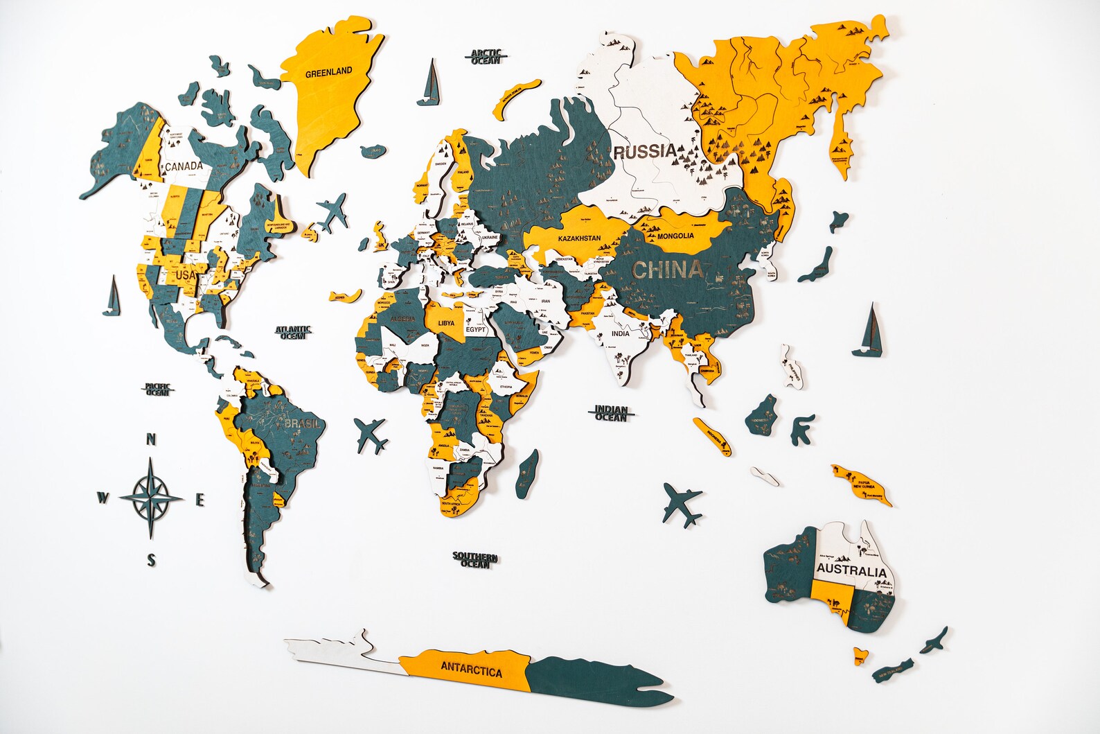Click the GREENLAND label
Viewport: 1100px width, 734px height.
(x=328, y=71)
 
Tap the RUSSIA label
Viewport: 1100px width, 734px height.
(x=644, y=151)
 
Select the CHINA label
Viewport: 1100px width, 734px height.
(x=667, y=270)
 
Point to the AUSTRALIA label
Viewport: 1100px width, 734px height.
(x=851, y=571)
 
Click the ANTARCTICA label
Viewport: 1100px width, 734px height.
(x=471, y=670)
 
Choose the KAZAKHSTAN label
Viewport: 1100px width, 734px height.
(x=579, y=238)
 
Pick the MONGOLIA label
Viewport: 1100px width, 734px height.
(x=675, y=236)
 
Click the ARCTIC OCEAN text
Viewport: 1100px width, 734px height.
(x=486, y=57)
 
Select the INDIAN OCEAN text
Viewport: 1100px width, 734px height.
(x=610, y=414)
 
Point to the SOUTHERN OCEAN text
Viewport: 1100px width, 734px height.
(x=475, y=559)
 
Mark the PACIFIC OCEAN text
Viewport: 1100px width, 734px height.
(x=157, y=390)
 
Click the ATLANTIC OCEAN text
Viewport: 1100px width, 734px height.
(x=293, y=333)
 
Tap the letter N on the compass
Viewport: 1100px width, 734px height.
(x=151, y=439)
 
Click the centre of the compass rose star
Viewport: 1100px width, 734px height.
(x=151, y=498)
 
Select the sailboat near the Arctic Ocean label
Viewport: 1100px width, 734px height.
(x=429, y=85)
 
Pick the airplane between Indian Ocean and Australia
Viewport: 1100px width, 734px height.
(x=682, y=504)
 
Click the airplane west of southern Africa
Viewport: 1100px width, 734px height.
(x=371, y=435)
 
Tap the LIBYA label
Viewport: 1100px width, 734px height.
(x=447, y=323)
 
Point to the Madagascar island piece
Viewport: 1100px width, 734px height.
(x=528, y=473)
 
